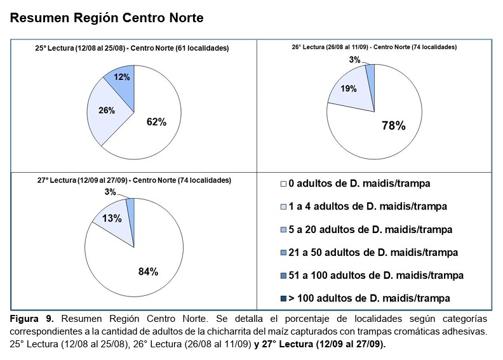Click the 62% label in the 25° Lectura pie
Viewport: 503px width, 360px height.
coord(156,122)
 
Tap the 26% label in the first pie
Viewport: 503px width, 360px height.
coord(106,110)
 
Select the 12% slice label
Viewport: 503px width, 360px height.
coord(122,77)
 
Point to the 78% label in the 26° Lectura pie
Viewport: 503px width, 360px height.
coord(393,126)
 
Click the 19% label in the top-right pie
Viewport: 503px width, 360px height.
coord(349,89)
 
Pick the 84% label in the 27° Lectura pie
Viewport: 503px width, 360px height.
coord(148,272)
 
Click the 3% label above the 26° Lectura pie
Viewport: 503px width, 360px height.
coord(354,60)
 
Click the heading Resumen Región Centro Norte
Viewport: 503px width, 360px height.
coord(107,18)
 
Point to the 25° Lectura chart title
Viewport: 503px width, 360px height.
coord(132,48)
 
